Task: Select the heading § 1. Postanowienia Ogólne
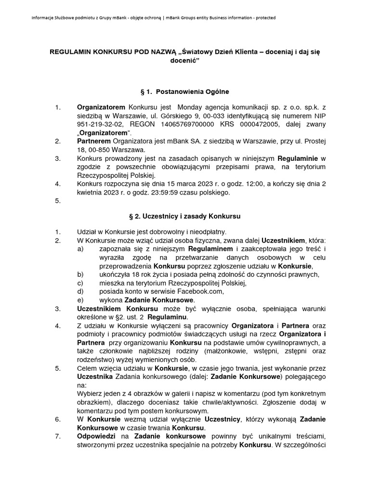click(185, 91)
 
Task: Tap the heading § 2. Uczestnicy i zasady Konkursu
click(185, 217)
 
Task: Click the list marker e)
click(80, 299)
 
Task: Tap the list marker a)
click(80, 249)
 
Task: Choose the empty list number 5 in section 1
click(57, 201)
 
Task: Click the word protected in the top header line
click(264, 18)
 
